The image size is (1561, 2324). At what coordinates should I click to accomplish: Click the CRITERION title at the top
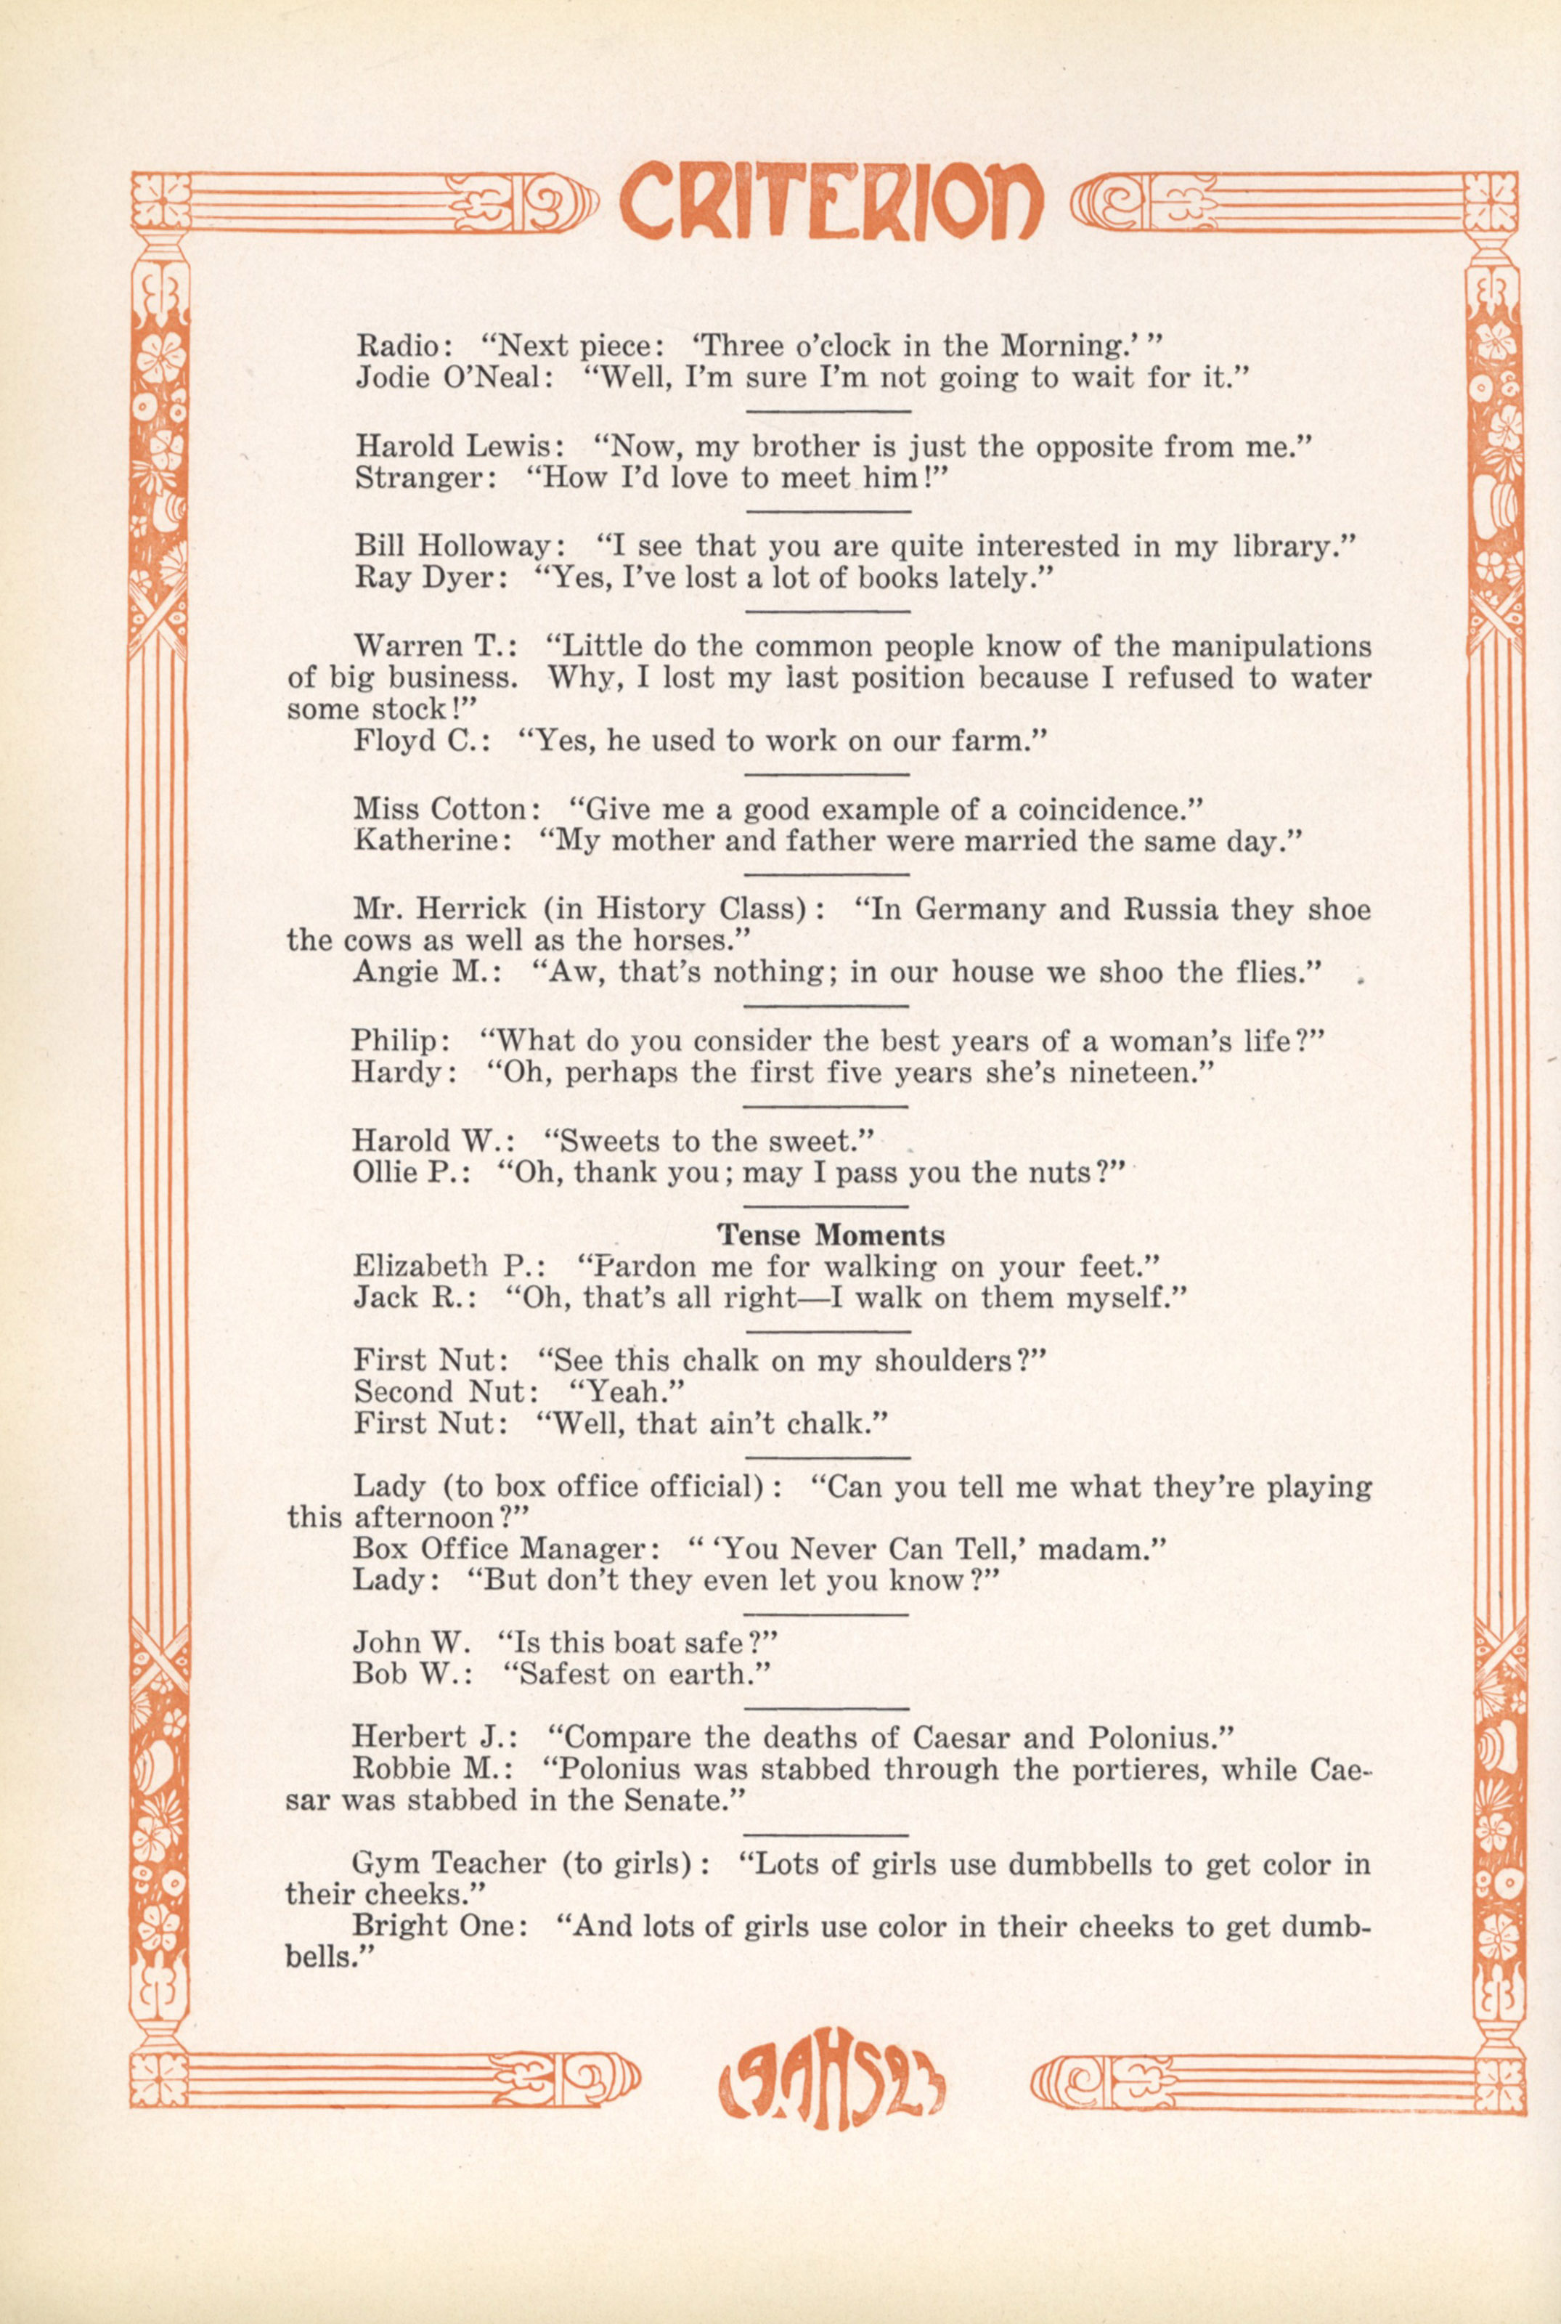[831, 207]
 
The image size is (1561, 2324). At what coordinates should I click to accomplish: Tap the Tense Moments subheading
[831, 1235]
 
